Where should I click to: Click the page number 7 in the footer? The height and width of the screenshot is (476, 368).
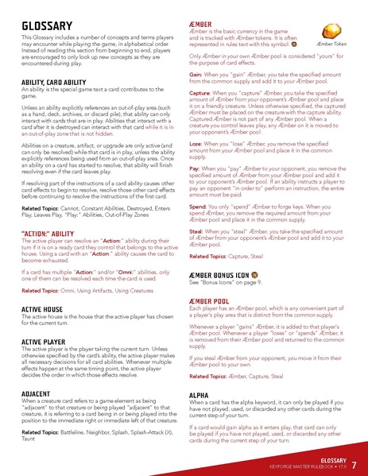[353, 464]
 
